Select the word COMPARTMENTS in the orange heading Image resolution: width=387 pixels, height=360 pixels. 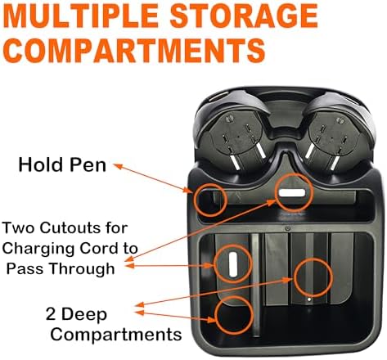tap(134, 51)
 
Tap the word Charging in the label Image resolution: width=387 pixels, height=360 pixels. tap(38, 250)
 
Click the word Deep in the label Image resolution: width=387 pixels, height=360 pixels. tap(84, 315)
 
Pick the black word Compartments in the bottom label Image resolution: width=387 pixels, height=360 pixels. tap(116, 335)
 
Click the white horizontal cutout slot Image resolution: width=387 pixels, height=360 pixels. tap(292, 193)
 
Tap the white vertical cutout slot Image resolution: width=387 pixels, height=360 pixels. tap(233, 264)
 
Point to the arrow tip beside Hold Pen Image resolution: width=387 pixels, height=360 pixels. tap(115, 164)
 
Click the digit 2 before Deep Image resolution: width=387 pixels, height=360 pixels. tap(51, 313)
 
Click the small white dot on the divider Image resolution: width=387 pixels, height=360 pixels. tap(309, 299)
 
